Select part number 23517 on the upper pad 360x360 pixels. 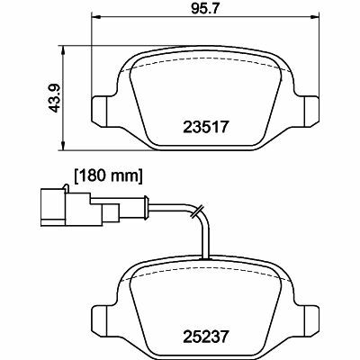[210, 128]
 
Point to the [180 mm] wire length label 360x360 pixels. [107, 175]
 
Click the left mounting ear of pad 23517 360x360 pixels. [101, 108]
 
